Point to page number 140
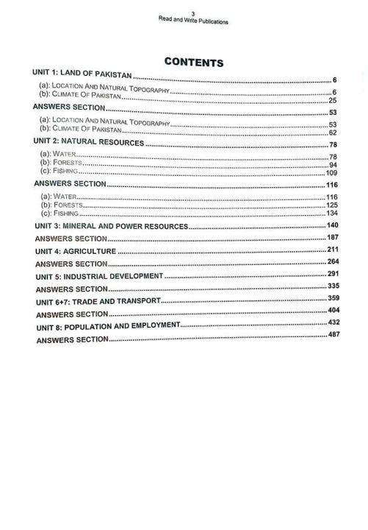click(x=332, y=224)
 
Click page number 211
click(x=332, y=250)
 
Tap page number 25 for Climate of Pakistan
click(x=333, y=99)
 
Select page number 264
click(x=332, y=261)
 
